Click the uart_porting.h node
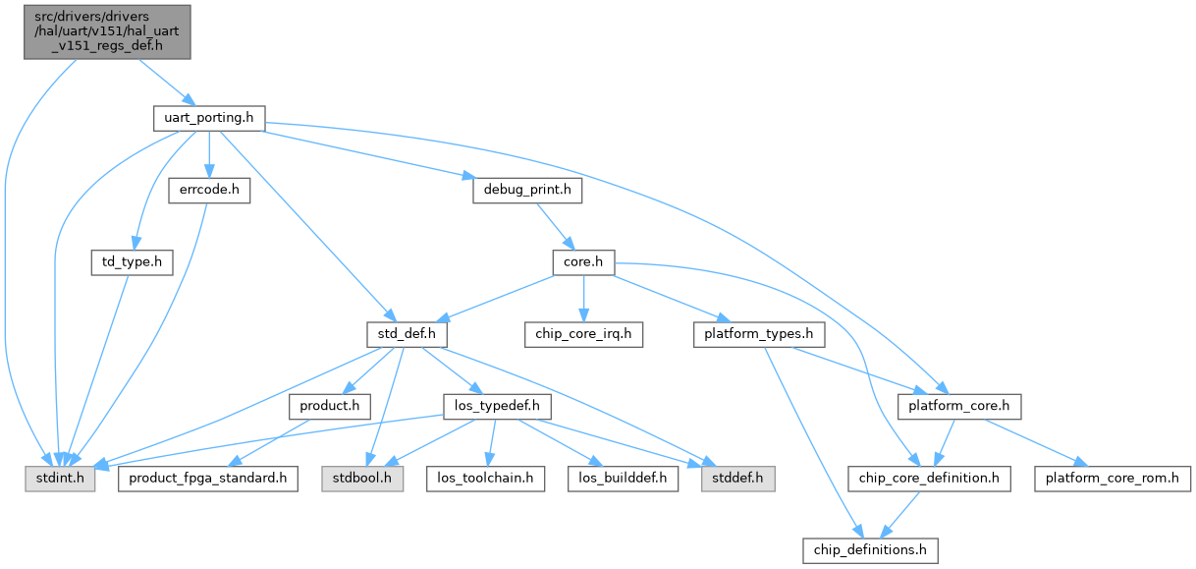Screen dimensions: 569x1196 point(209,118)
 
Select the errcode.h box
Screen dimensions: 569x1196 point(207,191)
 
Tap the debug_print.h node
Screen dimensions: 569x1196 point(527,191)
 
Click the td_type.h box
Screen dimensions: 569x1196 point(132,263)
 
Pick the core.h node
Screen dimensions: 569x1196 point(583,263)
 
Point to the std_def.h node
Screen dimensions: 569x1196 point(407,335)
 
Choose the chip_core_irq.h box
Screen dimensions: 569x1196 point(583,335)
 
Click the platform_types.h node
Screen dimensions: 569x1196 point(759,335)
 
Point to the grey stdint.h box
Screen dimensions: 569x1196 point(60,480)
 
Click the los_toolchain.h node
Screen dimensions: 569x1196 point(485,480)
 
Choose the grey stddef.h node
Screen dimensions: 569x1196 point(737,480)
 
